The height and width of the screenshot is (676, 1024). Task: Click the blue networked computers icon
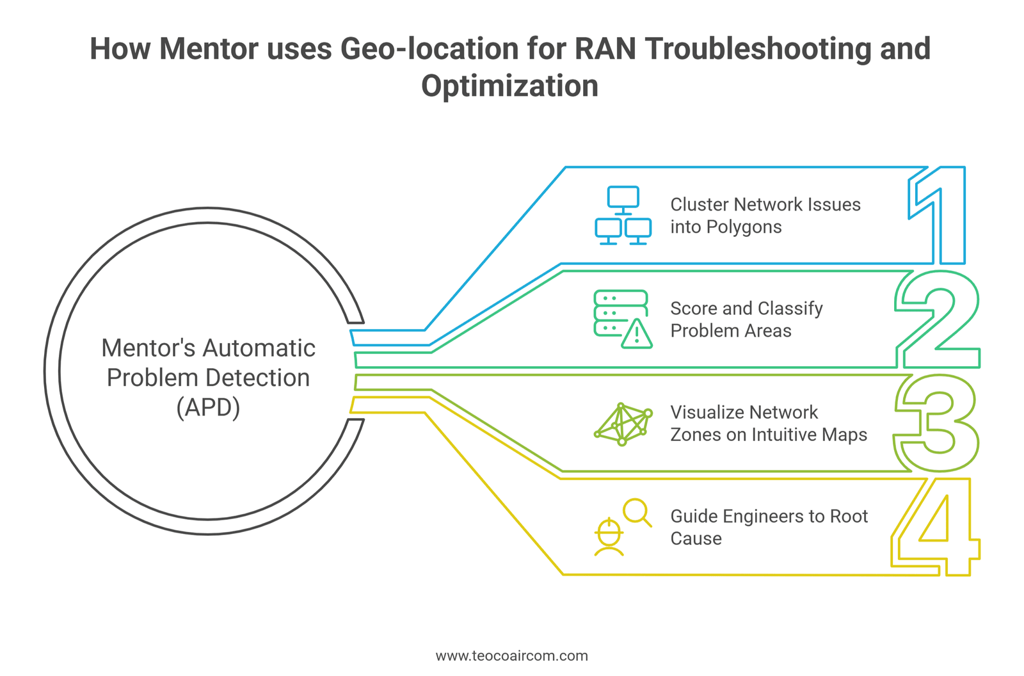click(623, 216)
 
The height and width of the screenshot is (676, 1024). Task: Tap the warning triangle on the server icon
click(637, 334)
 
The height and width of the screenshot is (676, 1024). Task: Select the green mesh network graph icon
click(623, 424)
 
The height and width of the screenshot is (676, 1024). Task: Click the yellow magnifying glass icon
click(637, 512)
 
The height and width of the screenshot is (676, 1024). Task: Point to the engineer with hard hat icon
click(609, 538)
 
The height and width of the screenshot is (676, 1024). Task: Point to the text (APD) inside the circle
click(208, 407)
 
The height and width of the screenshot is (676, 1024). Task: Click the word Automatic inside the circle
click(259, 348)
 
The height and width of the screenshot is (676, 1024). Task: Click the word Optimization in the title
click(509, 86)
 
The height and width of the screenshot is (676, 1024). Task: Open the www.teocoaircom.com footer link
click(511, 656)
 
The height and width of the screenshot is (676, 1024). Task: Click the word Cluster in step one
click(699, 205)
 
